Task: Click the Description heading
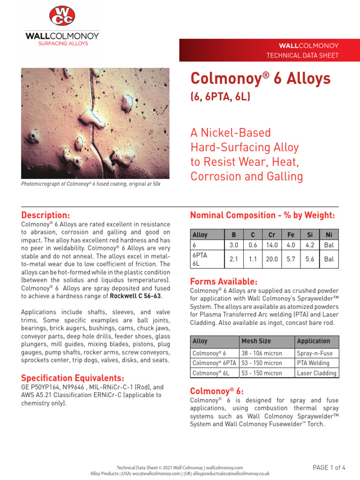tap(45, 215)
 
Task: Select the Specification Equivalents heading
tap(73, 378)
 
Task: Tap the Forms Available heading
tap(224, 282)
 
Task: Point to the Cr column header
tap(272, 235)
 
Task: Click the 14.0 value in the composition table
tap(272, 245)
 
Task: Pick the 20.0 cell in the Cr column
tap(272, 259)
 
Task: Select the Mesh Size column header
tap(256, 341)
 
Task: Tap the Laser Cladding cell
tap(316, 373)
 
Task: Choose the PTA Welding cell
tap(313, 363)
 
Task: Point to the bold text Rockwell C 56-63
tap(135, 296)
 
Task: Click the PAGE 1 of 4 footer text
tap(329, 467)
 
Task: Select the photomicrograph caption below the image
tap(90, 184)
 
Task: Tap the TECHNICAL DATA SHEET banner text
tap(302, 55)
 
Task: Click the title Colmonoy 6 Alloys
tap(261, 78)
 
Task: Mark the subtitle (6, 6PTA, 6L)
tap(220, 97)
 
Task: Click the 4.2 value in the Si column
tap(309, 245)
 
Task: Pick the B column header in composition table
tap(234, 235)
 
